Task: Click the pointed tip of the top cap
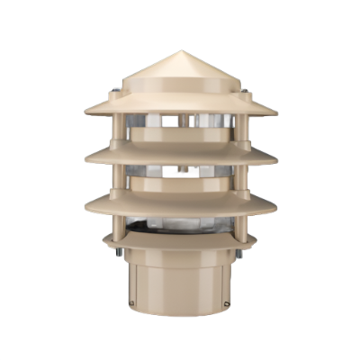coord(180,52)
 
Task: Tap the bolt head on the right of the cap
coord(245,90)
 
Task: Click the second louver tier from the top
coord(180,155)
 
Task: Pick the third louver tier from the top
coord(180,202)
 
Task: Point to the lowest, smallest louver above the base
coord(180,238)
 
